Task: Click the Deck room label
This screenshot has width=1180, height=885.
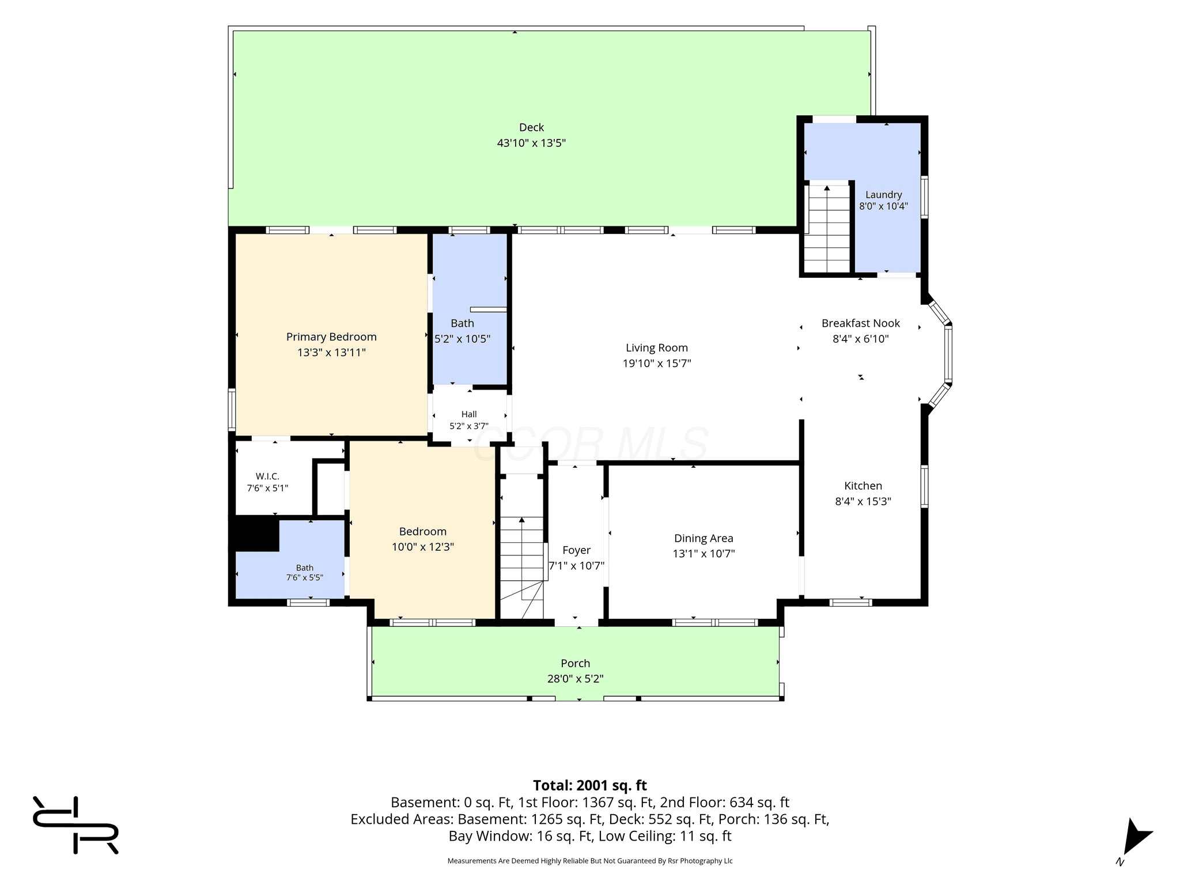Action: pos(531,127)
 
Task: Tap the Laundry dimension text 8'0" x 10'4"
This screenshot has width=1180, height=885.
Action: pos(883,206)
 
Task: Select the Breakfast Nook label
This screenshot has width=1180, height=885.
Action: pos(860,323)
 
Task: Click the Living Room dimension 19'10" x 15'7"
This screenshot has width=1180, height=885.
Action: pos(657,363)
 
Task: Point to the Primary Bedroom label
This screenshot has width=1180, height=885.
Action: pos(331,337)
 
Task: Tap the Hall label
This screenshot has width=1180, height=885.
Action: pos(469,414)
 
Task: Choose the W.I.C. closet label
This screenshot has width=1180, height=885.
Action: pos(267,476)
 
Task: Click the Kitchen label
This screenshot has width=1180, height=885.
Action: pos(863,486)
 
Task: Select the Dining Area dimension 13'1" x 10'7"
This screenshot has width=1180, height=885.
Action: pos(704,554)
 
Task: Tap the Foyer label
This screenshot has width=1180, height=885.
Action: pos(576,550)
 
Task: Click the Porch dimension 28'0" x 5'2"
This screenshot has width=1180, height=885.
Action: pos(575,679)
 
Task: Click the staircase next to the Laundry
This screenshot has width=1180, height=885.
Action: pos(827,228)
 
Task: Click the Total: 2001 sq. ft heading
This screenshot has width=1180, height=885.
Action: pos(589,785)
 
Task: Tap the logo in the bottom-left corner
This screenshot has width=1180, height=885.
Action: pos(75,825)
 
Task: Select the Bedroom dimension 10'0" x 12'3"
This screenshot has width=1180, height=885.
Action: pos(423,547)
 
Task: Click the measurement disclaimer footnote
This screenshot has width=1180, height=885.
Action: pos(590,861)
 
